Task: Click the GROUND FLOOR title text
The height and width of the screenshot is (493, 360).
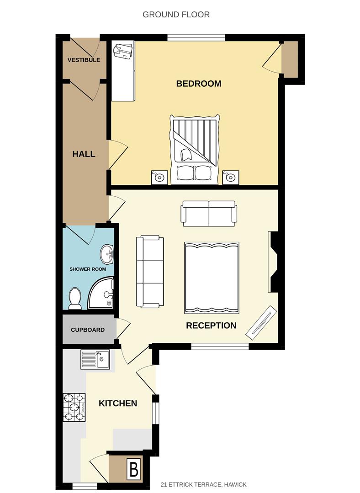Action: coord(176,15)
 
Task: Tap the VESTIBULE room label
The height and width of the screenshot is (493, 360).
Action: coord(84,60)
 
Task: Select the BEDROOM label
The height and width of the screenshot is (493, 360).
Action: coord(199,84)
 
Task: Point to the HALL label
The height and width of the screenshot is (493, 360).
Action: coord(84,154)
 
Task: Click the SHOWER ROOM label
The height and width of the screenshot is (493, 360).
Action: coord(87,269)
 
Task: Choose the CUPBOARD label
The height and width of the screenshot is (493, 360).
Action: coord(87,330)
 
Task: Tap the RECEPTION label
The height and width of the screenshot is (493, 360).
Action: coord(211,325)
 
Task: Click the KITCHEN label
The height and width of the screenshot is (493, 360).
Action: coord(118,404)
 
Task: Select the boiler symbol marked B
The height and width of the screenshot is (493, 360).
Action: coord(134,469)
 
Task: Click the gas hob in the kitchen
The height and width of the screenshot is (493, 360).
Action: coord(74,407)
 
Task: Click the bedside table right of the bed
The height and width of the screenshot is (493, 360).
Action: coord(231,177)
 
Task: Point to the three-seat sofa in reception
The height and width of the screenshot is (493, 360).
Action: coord(150,272)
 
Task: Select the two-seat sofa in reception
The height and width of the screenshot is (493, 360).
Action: coord(209,214)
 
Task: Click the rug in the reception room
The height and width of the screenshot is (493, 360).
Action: coord(212,278)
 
